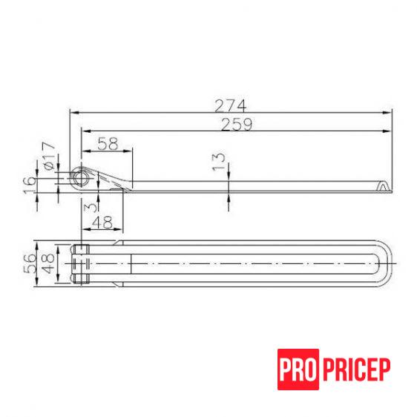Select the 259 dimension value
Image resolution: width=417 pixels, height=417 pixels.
click(237, 125)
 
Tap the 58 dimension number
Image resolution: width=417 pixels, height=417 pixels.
click(108, 143)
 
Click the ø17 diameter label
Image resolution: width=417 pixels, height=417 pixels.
click(49, 157)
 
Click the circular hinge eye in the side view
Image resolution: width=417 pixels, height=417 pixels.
click(79, 178)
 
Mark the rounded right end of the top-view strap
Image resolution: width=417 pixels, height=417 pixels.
click(387, 264)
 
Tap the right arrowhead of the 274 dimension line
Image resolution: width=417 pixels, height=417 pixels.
click(390, 113)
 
